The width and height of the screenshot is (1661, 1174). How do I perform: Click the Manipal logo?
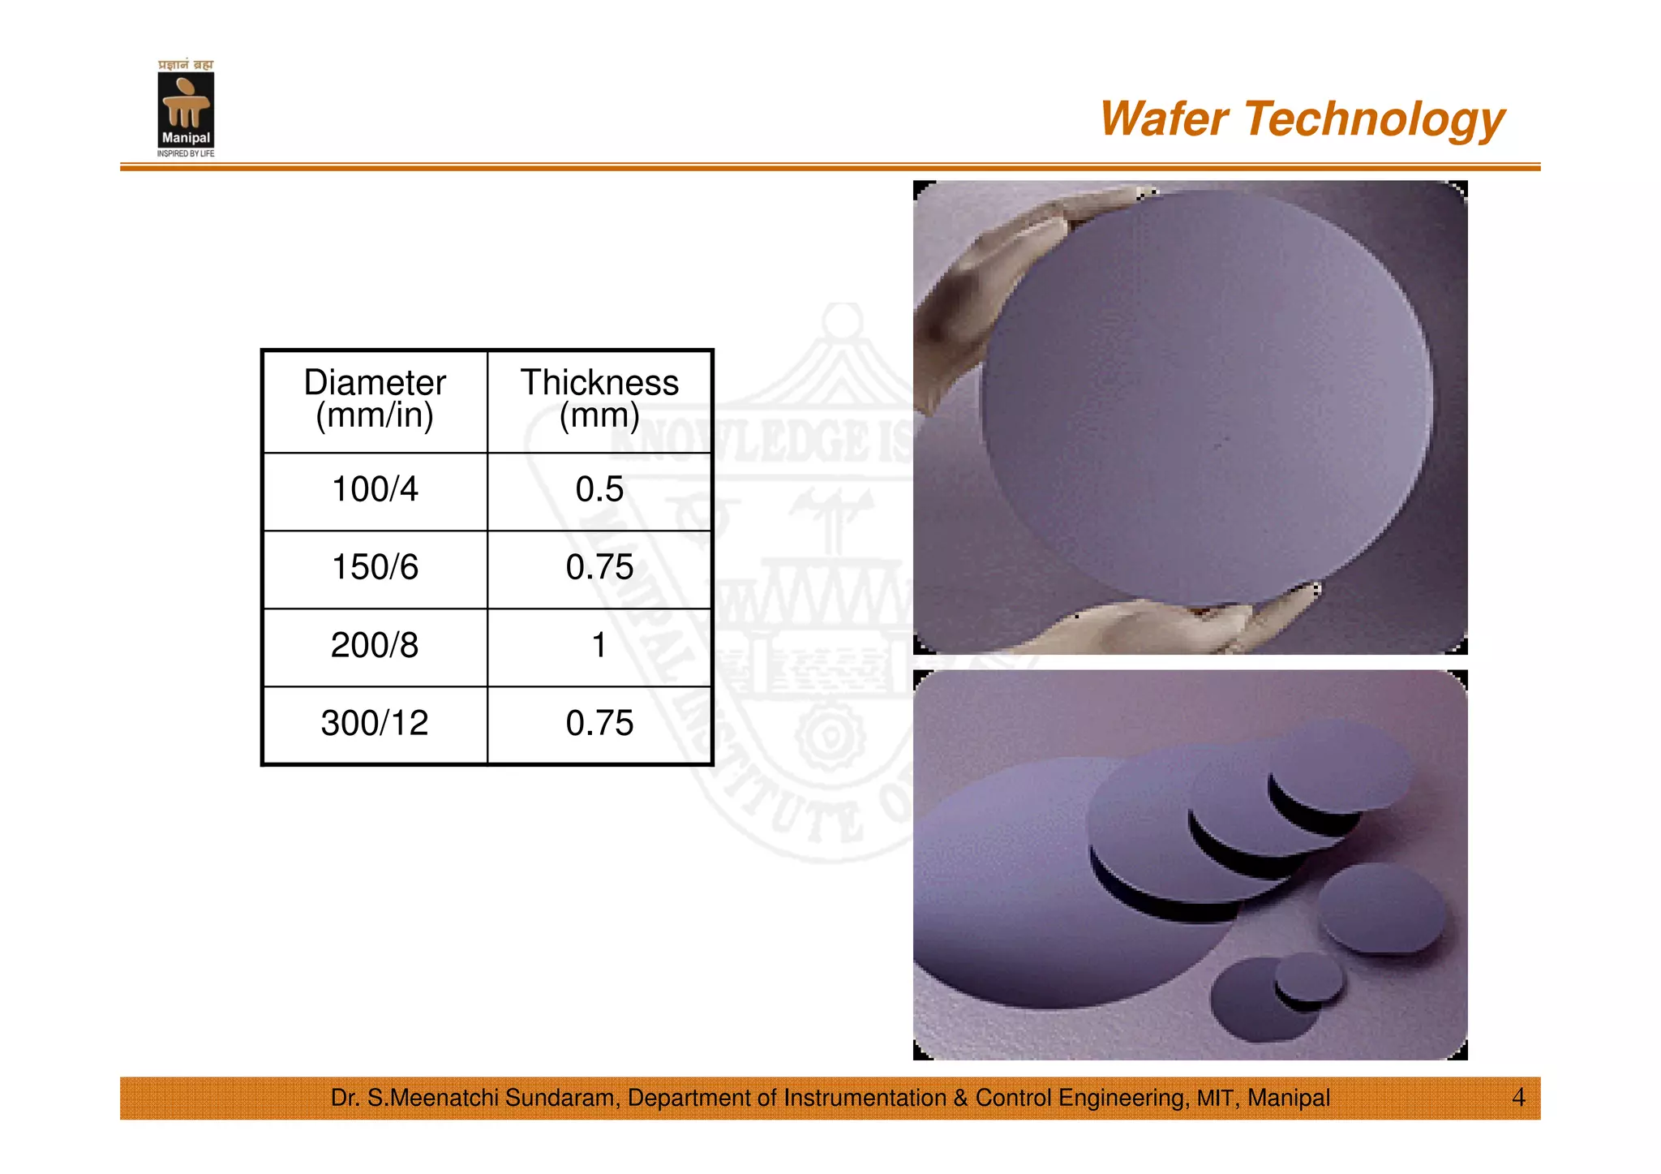point(186,109)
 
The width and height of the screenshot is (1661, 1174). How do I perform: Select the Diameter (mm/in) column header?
point(375,399)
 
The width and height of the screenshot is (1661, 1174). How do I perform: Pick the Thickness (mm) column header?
point(599,399)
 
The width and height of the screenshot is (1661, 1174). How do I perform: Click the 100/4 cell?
point(375,489)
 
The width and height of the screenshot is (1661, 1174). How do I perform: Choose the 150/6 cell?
point(375,567)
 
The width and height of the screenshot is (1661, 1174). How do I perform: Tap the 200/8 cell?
point(375,645)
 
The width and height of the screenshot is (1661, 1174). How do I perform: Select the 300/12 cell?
point(375,723)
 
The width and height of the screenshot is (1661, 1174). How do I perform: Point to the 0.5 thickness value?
point(599,489)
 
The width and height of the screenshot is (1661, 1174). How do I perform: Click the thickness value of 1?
point(599,645)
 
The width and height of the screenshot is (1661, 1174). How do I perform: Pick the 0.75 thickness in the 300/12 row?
point(599,723)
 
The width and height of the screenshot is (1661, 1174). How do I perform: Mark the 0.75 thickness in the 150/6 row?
point(599,567)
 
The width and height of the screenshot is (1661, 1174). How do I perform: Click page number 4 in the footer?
point(1518,1098)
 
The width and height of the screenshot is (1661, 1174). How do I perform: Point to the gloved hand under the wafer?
point(1176,625)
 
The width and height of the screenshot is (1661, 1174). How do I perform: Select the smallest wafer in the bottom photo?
point(1308,980)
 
